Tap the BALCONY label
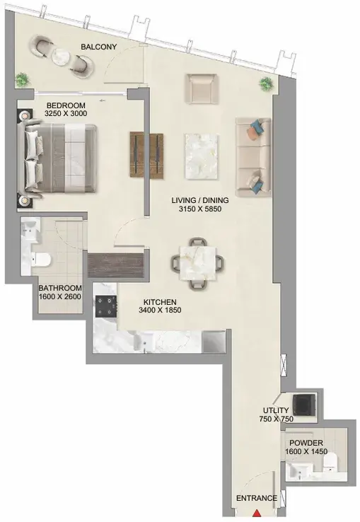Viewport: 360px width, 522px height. (x=99, y=47)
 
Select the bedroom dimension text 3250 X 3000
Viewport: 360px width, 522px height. (x=66, y=113)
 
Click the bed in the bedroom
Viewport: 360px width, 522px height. (x=59, y=159)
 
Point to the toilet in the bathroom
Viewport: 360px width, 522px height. (x=41, y=260)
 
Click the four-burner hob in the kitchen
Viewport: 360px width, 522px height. (x=106, y=306)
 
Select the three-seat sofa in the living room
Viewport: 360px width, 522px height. (x=253, y=157)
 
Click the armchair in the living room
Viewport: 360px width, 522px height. (x=202, y=88)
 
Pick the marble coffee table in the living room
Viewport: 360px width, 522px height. (x=202, y=156)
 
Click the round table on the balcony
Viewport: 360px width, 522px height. (x=61, y=57)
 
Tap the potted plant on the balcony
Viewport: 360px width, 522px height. (x=23, y=80)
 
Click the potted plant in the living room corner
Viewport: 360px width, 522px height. (x=266, y=83)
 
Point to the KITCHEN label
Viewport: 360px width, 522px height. (x=160, y=302)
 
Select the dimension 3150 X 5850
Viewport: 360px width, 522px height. (x=200, y=209)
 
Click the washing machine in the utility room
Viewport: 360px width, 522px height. (x=303, y=404)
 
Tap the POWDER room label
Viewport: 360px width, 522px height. (x=306, y=443)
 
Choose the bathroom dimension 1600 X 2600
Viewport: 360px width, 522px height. (x=60, y=296)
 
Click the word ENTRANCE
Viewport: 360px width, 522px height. (x=257, y=498)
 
